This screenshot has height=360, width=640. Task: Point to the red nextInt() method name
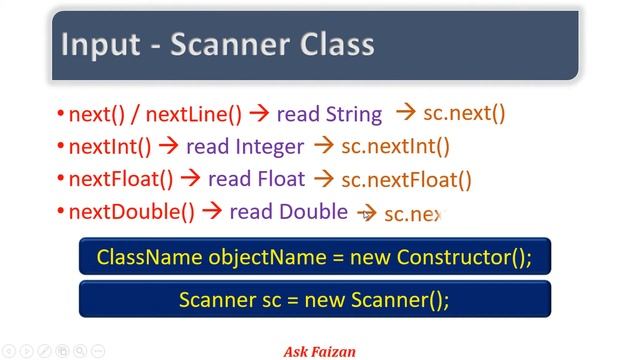pos(109,147)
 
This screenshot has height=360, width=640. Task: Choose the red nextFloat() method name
pos(120,180)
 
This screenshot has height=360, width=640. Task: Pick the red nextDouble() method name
pos(131,212)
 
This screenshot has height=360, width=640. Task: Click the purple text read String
pos(329,114)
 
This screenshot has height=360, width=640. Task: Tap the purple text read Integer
pos(245,147)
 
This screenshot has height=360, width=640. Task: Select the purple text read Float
pos(256,180)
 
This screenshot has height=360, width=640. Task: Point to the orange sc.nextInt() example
pos(395,147)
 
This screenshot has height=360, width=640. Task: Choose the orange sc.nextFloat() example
pos(406,180)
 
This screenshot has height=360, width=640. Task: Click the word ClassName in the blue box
pos(149,257)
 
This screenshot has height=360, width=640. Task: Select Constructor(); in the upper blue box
pos(464,257)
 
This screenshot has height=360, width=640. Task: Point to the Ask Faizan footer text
pos(320,351)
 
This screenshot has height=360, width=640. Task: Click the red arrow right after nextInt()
pos(168,147)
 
